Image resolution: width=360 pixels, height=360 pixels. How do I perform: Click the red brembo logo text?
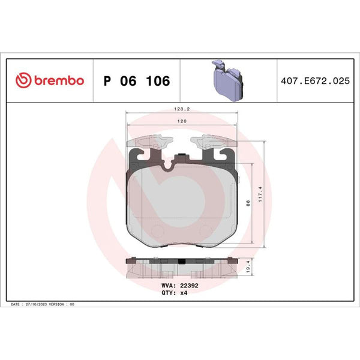(x=59, y=80)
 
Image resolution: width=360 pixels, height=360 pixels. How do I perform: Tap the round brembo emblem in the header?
(x=23, y=80)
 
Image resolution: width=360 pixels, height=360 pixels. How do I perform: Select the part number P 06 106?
(x=137, y=81)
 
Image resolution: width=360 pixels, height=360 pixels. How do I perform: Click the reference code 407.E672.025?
(x=315, y=81)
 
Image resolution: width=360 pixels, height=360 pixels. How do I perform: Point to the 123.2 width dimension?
(x=182, y=109)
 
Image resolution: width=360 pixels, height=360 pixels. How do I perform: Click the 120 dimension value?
(x=182, y=121)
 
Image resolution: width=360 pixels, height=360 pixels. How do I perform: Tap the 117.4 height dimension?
(x=260, y=194)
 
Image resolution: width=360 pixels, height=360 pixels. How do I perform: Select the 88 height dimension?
(x=248, y=203)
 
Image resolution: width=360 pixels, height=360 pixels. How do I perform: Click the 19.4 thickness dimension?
(x=248, y=266)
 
